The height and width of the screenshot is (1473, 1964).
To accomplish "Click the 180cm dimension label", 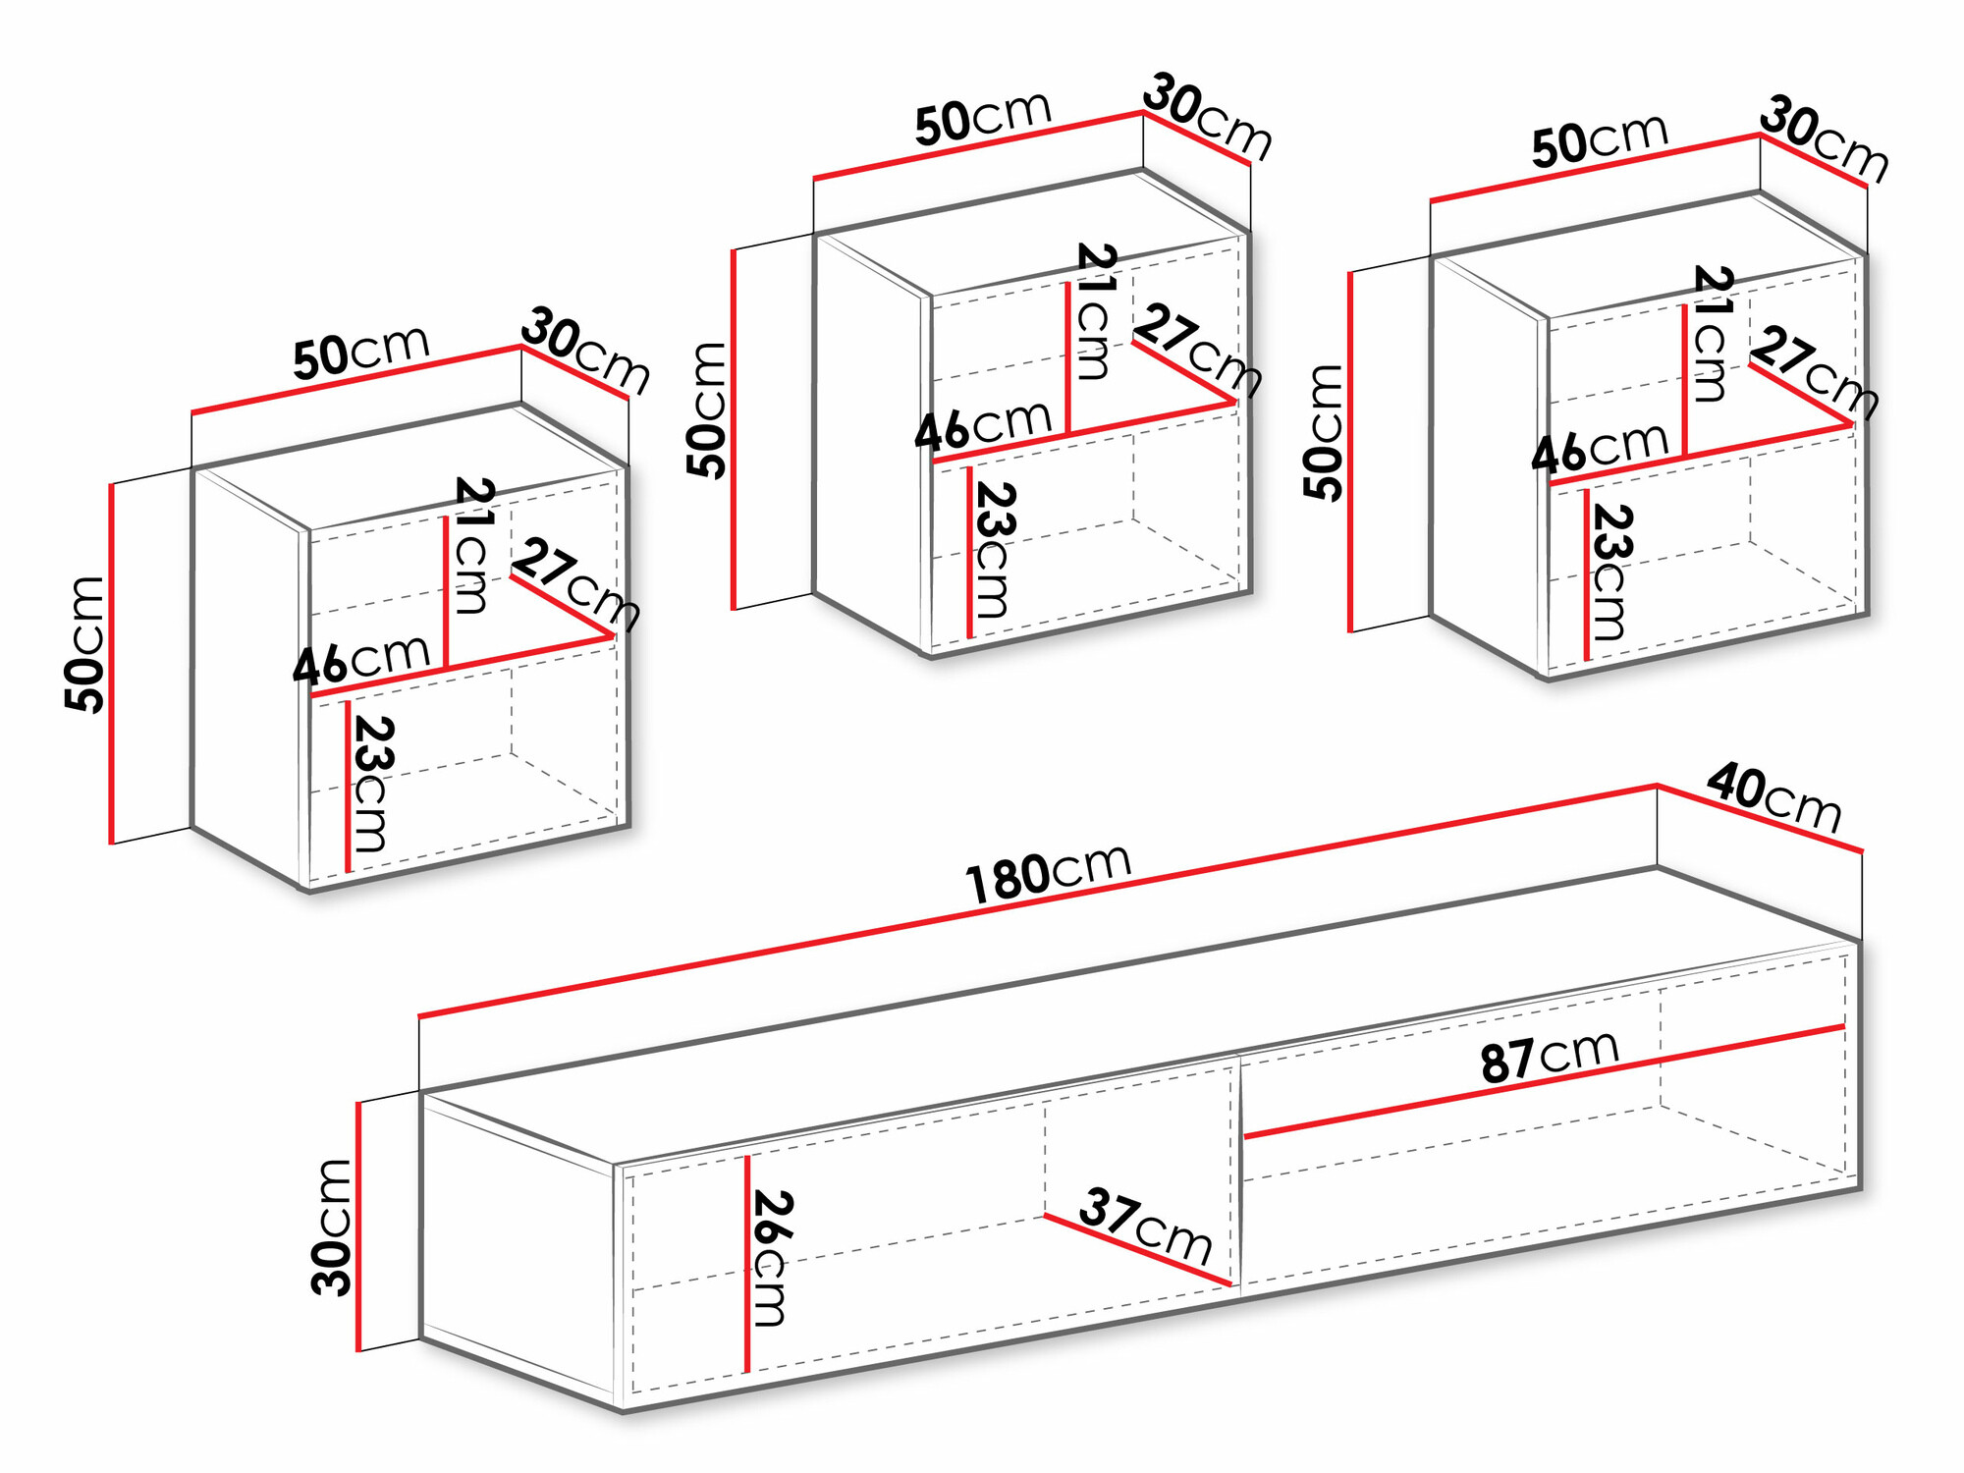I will tap(1049, 872).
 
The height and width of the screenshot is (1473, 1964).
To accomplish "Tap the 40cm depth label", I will tap(1773, 797).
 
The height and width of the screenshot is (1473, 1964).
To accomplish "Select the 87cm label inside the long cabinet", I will tap(1550, 1057).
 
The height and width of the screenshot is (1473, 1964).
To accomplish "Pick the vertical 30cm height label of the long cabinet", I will tap(331, 1227).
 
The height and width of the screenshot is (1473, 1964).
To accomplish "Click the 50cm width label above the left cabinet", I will tap(361, 352).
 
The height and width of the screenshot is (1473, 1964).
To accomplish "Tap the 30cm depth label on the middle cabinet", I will tap(1207, 116).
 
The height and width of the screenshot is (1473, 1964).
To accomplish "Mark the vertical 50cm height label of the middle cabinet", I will tap(706, 410).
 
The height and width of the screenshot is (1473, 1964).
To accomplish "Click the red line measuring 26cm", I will tap(747, 1267).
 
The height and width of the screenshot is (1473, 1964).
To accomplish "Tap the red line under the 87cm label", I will tap(1542, 1081).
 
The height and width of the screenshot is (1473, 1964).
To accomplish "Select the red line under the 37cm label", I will tap(1137, 1250).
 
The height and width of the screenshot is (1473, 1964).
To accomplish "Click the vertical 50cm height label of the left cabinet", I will tap(85, 644).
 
